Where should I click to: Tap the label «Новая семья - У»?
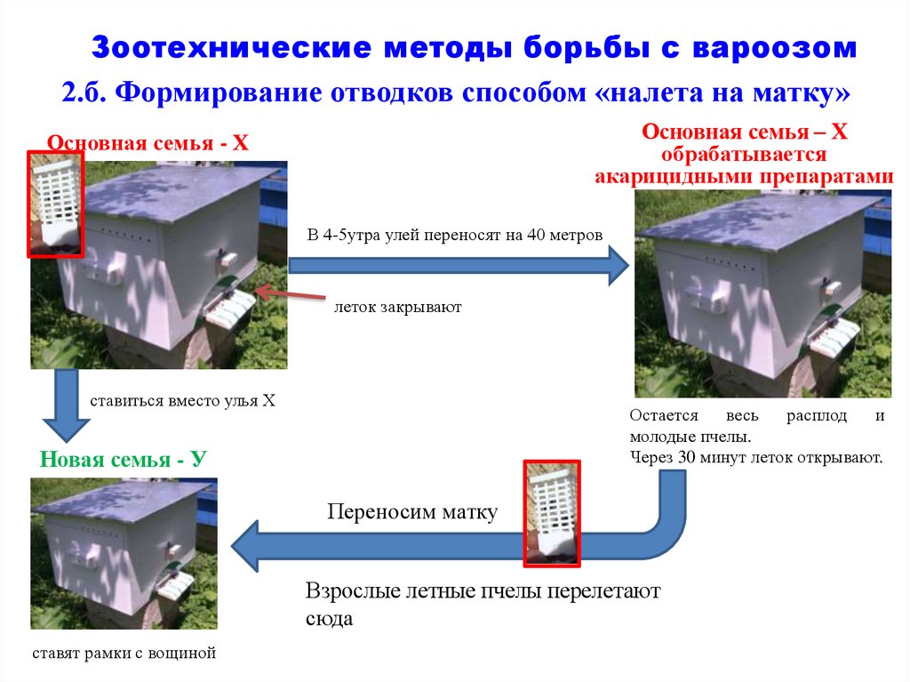(123, 460)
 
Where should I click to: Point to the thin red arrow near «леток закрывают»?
(288, 295)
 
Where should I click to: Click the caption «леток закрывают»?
(399, 308)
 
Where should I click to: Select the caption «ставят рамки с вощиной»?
(124, 654)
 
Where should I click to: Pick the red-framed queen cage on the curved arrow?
(552, 513)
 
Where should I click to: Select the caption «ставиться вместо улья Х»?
(183, 401)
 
